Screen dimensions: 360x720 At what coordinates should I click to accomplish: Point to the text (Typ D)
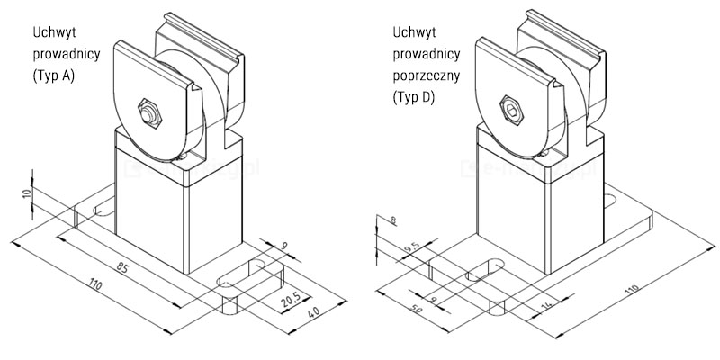(414, 97)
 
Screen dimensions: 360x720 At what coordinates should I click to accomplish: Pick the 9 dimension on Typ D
(435, 298)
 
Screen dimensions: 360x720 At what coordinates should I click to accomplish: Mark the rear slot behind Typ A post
(102, 210)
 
